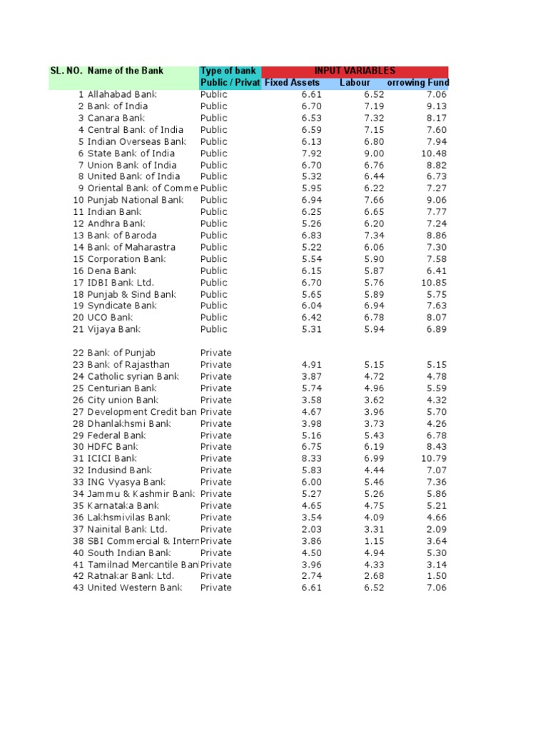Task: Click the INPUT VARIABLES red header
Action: tap(355, 71)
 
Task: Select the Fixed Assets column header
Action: tap(292, 83)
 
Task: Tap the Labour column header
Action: tap(355, 83)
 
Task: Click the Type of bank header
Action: tap(228, 71)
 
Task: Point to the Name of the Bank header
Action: tap(125, 71)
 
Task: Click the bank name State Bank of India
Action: tap(131, 153)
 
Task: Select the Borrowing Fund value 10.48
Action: tap(434, 153)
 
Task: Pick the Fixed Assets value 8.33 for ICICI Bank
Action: tap(311, 458)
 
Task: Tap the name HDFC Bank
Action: tap(112, 447)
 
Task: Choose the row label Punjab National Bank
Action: tap(135, 200)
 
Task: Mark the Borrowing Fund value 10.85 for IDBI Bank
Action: tap(434, 283)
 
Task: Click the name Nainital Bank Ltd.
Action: tap(127, 529)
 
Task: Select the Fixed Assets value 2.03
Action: tap(311, 529)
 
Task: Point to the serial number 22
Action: tap(78, 353)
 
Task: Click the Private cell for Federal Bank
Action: tap(215, 435)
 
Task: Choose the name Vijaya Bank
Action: tap(114, 329)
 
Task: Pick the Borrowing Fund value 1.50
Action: tap(437, 576)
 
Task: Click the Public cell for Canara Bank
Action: tap(214, 118)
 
